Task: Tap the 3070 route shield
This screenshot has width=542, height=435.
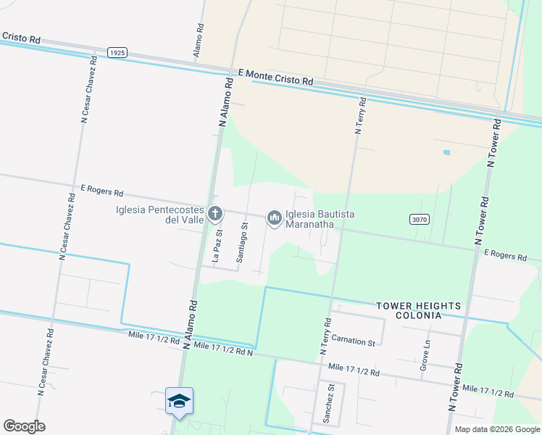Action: coord(419,219)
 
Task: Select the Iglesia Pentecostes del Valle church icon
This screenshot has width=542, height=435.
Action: coord(214,214)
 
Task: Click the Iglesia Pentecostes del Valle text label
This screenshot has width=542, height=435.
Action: coord(159,215)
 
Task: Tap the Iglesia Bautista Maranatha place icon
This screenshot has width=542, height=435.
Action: coord(274,217)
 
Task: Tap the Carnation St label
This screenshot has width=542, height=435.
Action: coord(354,341)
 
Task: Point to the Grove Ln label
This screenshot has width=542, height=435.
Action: coord(425,357)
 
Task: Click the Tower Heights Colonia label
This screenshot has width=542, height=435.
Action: coord(408,310)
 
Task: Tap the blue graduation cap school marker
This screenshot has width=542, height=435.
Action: coord(179,400)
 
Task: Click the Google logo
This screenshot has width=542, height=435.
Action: coord(24,426)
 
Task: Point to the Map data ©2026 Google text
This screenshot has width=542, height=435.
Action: coord(496,429)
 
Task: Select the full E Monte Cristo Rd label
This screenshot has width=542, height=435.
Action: coord(275,78)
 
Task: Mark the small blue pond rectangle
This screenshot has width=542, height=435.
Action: coord(446,152)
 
